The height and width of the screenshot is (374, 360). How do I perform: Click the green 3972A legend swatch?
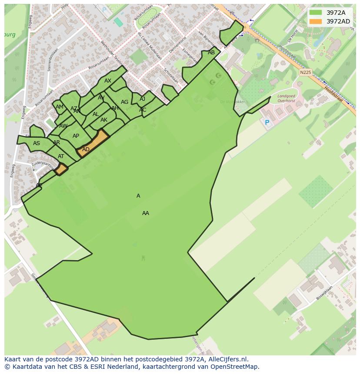pyautogui.click(x=316, y=13)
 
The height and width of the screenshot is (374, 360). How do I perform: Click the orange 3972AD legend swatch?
pyautogui.click(x=316, y=21)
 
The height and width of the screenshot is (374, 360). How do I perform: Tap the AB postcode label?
pyautogui.click(x=211, y=53)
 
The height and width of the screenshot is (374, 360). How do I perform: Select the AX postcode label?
pyautogui.click(x=108, y=81)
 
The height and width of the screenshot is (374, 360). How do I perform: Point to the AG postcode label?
pyautogui.click(x=125, y=102)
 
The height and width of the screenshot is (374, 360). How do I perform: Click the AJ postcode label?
pyautogui.click(x=142, y=99)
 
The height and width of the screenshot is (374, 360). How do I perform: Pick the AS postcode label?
pyautogui.click(x=37, y=143)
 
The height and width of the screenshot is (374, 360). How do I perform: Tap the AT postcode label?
pyautogui.click(x=61, y=156)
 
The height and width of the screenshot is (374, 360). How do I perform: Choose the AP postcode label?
pyautogui.click(x=76, y=136)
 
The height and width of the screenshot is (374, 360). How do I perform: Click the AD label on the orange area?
pyautogui.click(x=86, y=149)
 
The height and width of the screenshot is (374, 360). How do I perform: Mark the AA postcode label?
pyautogui.click(x=146, y=213)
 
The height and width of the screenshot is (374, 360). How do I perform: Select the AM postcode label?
pyautogui.click(x=60, y=107)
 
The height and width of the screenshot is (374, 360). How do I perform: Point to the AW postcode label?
pyautogui.click(x=63, y=126)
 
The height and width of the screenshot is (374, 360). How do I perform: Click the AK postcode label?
pyautogui.click(x=104, y=120)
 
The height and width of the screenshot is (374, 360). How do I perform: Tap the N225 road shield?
pyautogui.click(x=306, y=73)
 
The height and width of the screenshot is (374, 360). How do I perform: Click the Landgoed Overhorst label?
pyautogui.click(x=286, y=98)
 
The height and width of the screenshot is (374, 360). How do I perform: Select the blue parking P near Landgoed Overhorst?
pyautogui.click(x=267, y=123)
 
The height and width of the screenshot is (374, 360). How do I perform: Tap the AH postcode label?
pyautogui.click(x=115, y=108)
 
